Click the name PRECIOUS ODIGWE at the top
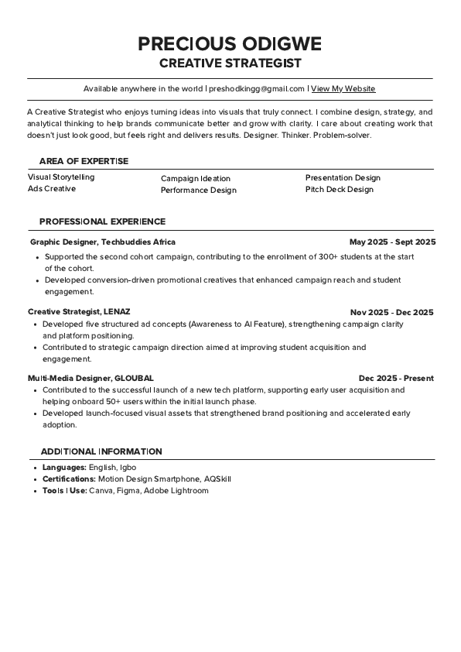230,43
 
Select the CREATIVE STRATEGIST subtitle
230,63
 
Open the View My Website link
343,89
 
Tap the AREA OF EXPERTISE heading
84,161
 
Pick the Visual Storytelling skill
61,177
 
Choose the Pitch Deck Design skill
339,189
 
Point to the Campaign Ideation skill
196,178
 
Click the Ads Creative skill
52,188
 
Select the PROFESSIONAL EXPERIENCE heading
102,221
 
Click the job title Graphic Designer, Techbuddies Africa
103,242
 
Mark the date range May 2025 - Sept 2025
392,242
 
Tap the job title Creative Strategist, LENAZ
79,311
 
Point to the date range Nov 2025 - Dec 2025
391,312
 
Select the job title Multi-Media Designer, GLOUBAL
90,378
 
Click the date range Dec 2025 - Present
396,378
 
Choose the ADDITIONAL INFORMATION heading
101,451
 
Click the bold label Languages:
64,468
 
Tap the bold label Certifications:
69,479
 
